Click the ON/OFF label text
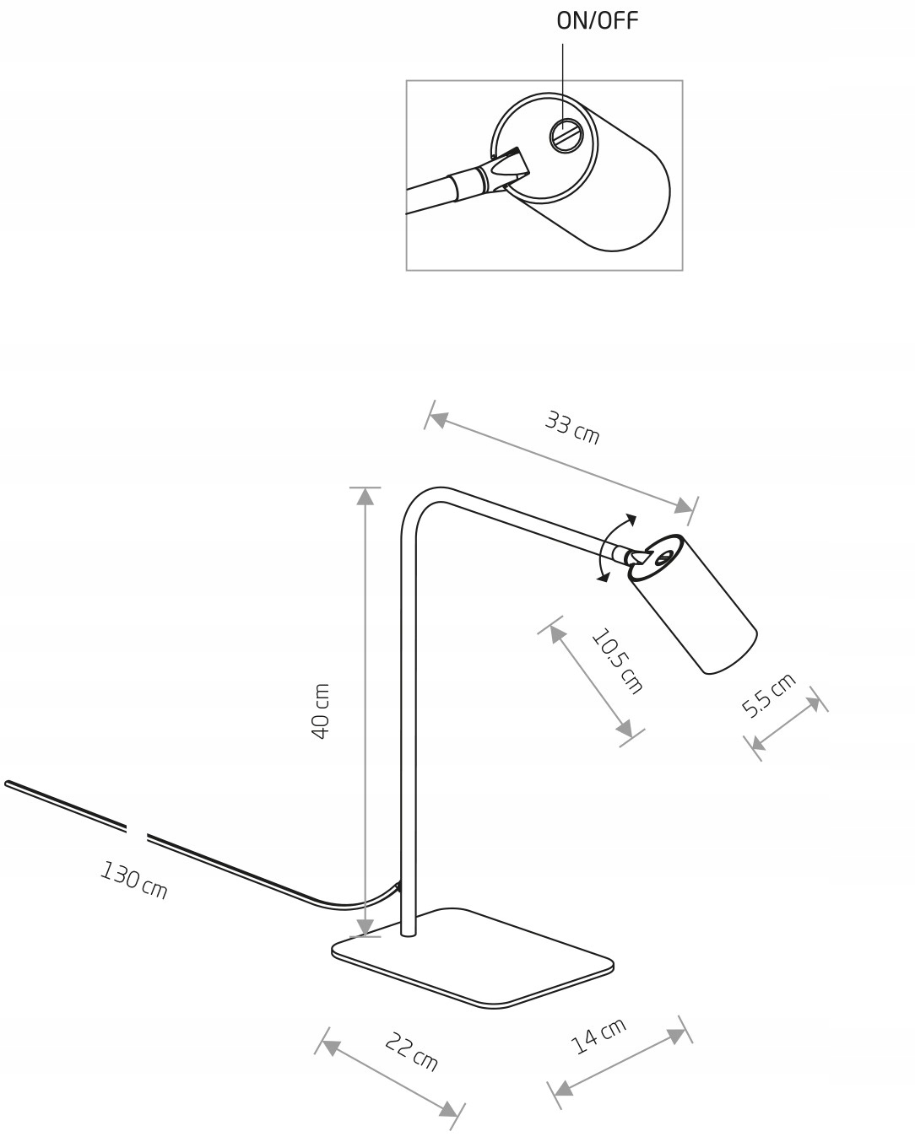[597, 21]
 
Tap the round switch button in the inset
[565, 134]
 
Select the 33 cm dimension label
[572, 428]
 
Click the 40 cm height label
[321, 711]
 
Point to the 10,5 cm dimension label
[617, 661]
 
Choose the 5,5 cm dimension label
[768, 695]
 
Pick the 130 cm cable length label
[134, 881]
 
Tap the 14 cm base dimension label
[598, 1036]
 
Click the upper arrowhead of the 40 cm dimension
[365, 497]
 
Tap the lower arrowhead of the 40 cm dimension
[365, 928]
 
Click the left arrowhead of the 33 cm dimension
[437, 420]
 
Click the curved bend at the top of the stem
[420, 504]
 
